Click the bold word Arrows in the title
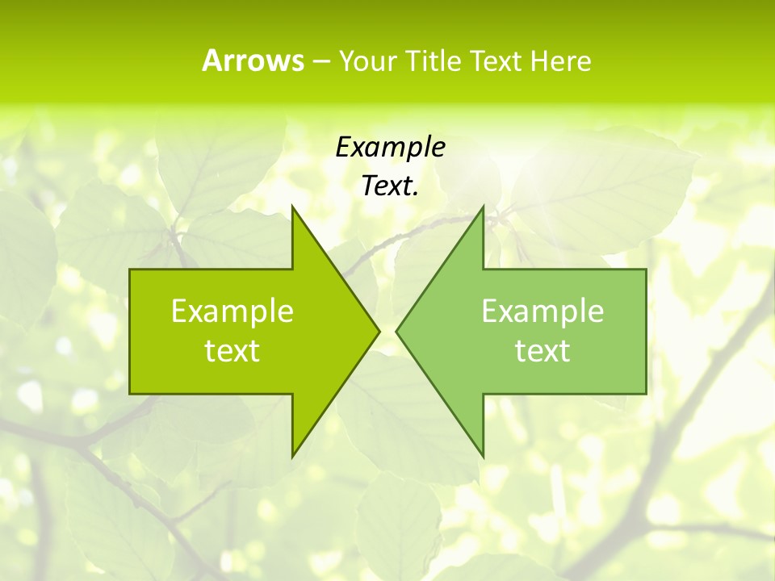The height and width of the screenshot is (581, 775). [x=253, y=61]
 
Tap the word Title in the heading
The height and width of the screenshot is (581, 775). [x=432, y=61]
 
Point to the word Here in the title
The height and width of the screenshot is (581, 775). [x=560, y=61]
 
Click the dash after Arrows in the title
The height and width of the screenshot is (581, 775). [x=320, y=61]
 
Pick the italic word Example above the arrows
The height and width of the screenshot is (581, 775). [x=390, y=148]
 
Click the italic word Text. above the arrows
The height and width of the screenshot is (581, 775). [x=390, y=186]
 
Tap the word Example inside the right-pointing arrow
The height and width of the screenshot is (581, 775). [x=232, y=311]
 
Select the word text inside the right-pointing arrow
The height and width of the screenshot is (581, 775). [x=232, y=351]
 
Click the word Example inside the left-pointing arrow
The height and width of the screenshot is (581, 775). [x=542, y=311]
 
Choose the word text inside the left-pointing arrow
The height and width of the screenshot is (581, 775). [x=542, y=351]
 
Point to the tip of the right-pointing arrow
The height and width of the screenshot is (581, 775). [x=379, y=331]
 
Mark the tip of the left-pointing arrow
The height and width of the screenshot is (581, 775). [x=396, y=331]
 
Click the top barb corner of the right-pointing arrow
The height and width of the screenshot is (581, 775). [x=292, y=206]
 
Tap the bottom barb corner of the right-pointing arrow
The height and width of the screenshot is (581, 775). [x=292, y=457]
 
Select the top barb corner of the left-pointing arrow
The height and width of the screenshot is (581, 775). [x=483, y=206]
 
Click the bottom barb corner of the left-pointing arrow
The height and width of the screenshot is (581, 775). [x=483, y=457]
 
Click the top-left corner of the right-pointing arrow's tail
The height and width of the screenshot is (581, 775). [x=130, y=269]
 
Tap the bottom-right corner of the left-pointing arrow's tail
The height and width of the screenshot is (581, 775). [x=646, y=394]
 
